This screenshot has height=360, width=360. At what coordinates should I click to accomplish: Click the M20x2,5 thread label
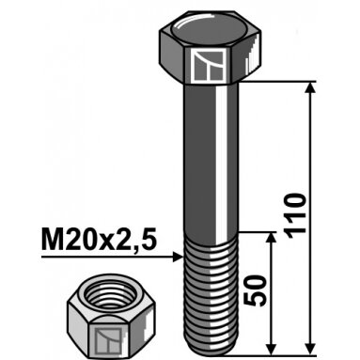tap(99, 242)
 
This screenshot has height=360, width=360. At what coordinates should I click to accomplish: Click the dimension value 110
tap(294, 216)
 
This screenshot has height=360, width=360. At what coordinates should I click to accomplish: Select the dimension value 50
tap(255, 290)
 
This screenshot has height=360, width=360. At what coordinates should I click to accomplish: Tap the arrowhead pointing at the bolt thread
tap(178, 257)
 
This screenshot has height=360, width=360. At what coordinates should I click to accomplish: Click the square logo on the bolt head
tap(209, 65)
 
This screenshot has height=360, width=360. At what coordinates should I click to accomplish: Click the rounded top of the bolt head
tap(209, 31)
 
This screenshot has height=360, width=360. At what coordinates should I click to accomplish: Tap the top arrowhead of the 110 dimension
tap(310, 87)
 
